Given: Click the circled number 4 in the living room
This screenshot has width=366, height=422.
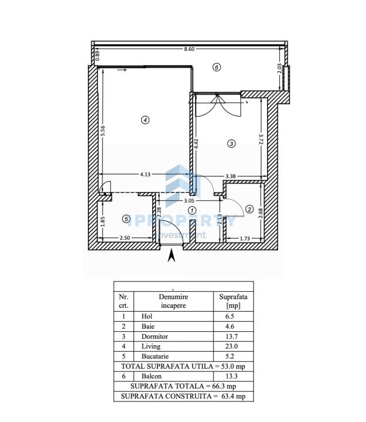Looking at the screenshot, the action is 145,120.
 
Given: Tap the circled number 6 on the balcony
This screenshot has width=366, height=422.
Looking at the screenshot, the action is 217,67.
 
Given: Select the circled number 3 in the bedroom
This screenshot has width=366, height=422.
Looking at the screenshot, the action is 231,144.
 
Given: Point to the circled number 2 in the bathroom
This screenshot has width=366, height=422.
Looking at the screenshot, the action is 249,209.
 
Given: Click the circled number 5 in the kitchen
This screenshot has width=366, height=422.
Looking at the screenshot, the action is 126,219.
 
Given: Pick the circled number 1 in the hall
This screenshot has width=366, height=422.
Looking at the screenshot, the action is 192,210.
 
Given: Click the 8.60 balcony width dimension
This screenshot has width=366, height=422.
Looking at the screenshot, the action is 189,49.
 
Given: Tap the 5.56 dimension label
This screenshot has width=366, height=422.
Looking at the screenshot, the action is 102,131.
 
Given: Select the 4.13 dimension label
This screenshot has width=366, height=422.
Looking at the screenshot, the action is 145,175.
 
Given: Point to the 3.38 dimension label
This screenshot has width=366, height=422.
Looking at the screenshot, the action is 231,176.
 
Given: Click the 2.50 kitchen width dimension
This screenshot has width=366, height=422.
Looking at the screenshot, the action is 125,238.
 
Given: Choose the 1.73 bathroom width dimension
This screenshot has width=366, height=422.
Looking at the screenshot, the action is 245,239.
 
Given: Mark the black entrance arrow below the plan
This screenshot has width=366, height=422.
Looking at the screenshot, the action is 172,256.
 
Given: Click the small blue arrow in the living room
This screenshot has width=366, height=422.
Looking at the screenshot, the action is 122,70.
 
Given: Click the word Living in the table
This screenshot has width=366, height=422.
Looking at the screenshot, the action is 151,346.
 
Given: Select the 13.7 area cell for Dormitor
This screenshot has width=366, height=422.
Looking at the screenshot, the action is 231,336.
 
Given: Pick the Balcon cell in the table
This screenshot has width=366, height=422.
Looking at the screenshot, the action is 152,376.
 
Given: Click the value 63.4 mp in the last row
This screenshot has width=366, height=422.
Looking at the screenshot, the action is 234,396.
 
